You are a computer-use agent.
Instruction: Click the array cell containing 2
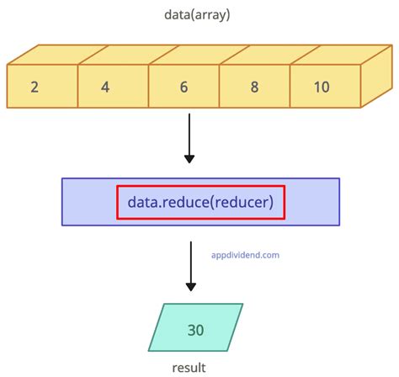[42, 87]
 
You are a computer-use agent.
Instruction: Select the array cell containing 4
[113, 87]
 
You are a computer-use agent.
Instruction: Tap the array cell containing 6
[184, 87]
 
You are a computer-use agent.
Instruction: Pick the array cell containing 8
[255, 87]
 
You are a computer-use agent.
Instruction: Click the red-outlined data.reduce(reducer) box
[201, 202]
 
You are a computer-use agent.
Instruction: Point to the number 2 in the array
[35, 87]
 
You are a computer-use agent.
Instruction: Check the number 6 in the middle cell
[184, 87]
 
